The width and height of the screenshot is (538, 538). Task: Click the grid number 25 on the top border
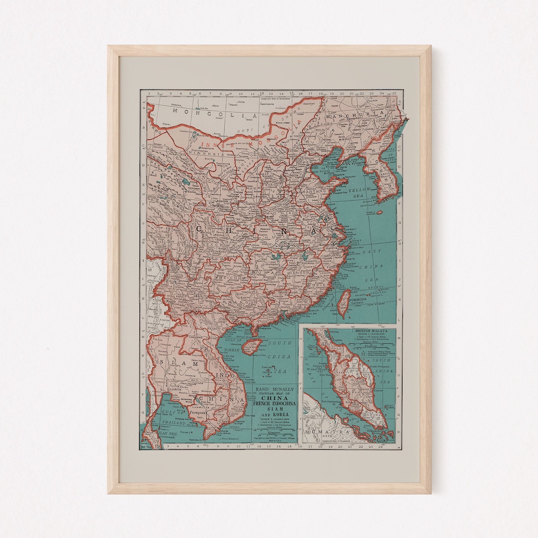[x=394, y=93]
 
